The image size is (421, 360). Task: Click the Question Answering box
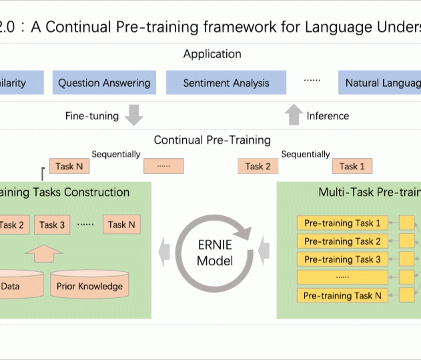[104, 83]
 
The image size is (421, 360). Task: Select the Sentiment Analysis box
[226, 83]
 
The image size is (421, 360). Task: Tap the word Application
[212, 54]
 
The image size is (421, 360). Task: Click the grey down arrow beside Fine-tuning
[134, 115]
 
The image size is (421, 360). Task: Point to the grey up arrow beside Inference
[294, 115]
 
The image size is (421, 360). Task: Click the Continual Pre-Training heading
[212, 140]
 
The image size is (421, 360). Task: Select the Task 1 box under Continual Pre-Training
[352, 166]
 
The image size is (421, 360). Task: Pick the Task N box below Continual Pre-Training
[69, 166]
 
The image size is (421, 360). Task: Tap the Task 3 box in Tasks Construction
[52, 225]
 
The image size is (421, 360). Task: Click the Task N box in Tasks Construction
[121, 225]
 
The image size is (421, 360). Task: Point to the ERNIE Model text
[215, 253]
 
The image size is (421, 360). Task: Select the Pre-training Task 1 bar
[342, 223]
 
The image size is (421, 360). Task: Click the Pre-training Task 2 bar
[342, 241]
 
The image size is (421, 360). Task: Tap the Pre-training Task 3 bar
[342, 259]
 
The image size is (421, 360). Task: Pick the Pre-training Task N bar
[342, 295]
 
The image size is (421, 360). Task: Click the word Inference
[328, 116]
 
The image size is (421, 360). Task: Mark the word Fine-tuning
[92, 116]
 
